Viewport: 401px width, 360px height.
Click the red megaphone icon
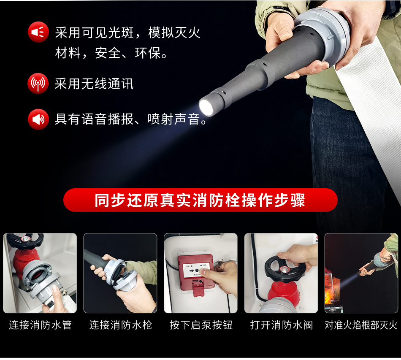click(38, 32)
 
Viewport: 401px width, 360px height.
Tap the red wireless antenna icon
click(38, 83)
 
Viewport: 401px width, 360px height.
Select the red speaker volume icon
click(38, 119)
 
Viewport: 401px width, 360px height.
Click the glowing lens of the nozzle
click(206, 107)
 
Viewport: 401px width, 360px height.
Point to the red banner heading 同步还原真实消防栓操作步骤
click(200, 200)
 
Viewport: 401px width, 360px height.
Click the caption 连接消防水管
click(40, 325)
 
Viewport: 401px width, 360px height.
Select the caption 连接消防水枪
click(120, 325)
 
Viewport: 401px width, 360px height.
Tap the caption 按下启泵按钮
click(201, 325)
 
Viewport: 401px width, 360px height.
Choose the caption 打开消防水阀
click(281, 325)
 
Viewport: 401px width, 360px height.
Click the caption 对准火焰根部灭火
click(361, 325)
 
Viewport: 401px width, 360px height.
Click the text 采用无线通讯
click(94, 84)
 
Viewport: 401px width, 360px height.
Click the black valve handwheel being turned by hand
click(281, 268)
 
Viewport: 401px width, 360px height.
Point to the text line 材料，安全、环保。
click(111, 53)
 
